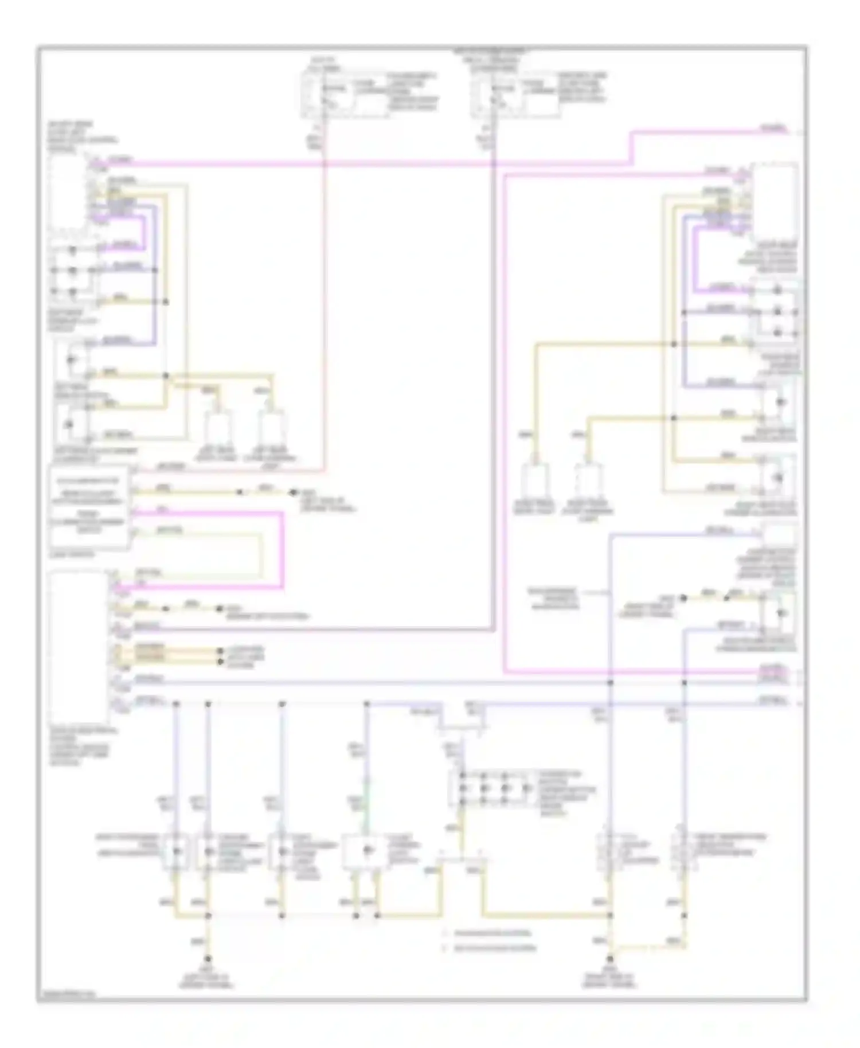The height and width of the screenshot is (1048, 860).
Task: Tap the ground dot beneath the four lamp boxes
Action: [x=208, y=959]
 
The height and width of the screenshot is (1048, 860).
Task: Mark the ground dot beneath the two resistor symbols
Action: [x=611, y=959]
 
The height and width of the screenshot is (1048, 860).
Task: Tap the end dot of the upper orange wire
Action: [x=220, y=652]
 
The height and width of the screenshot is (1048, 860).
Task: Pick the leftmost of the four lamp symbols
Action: [x=176, y=852]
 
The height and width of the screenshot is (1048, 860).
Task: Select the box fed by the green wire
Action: [x=366, y=852]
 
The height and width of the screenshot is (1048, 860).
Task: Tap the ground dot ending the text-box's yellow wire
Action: [x=294, y=492]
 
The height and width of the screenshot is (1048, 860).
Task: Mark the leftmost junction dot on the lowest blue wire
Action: [x=176, y=703]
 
